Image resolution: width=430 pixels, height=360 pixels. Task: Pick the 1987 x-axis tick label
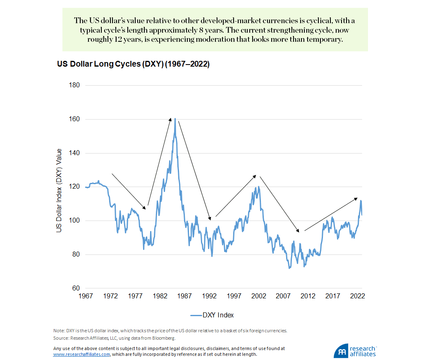coord(185,296)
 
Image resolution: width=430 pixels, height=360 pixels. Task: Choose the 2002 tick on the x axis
coord(259,296)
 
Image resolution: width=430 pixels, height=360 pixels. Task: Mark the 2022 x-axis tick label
coord(357,296)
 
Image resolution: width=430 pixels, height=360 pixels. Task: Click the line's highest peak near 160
coord(175,119)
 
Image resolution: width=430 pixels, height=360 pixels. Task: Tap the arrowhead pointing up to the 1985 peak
coord(170,119)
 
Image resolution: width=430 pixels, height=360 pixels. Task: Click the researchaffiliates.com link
coord(82,355)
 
